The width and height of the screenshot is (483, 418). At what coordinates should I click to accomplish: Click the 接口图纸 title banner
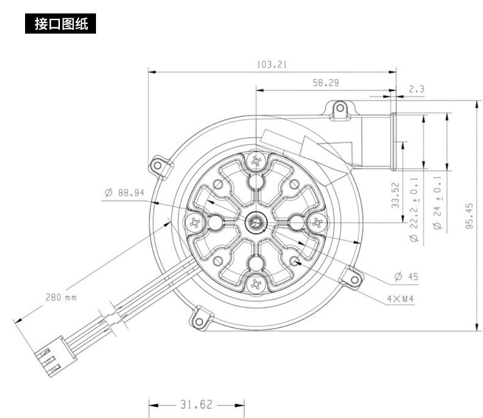pyautogui.click(x=61, y=24)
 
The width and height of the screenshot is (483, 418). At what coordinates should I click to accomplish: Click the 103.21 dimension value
pyautogui.click(x=272, y=64)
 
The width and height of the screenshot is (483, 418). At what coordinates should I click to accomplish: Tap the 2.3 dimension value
pyautogui.click(x=416, y=89)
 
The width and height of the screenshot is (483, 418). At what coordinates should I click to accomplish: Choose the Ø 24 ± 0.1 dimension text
pyautogui.click(x=437, y=203)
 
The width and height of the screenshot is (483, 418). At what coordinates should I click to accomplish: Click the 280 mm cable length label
pyautogui.click(x=61, y=298)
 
